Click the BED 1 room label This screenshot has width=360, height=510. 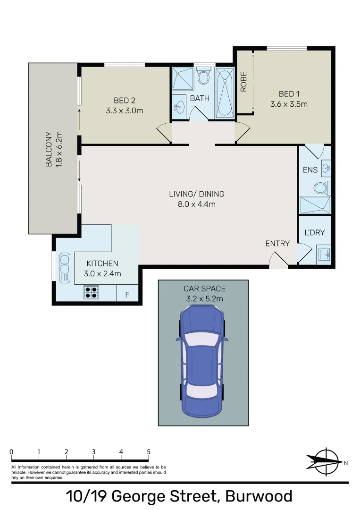(x=289, y=93)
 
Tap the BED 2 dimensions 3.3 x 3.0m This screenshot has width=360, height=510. (x=125, y=111)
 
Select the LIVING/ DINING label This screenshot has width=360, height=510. (x=197, y=194)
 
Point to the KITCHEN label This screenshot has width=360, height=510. (x=102, y=263)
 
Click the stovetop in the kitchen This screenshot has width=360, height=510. (x=92, y=293)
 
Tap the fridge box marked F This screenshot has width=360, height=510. (x=127, y=295)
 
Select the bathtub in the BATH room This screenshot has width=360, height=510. (x=225, y=93)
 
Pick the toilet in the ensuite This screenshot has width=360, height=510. (x=321, y=188)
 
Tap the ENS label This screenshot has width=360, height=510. (x=310, y=170)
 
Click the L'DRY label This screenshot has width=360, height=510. (x=314, y=232)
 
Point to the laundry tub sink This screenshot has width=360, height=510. (x=324, y=254)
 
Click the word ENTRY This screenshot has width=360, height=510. (x=277, y=243)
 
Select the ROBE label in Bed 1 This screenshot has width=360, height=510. (x=244, y=82)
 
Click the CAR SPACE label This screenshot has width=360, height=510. (x=204, y=289)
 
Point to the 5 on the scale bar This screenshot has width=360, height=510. (x=149, y=452)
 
